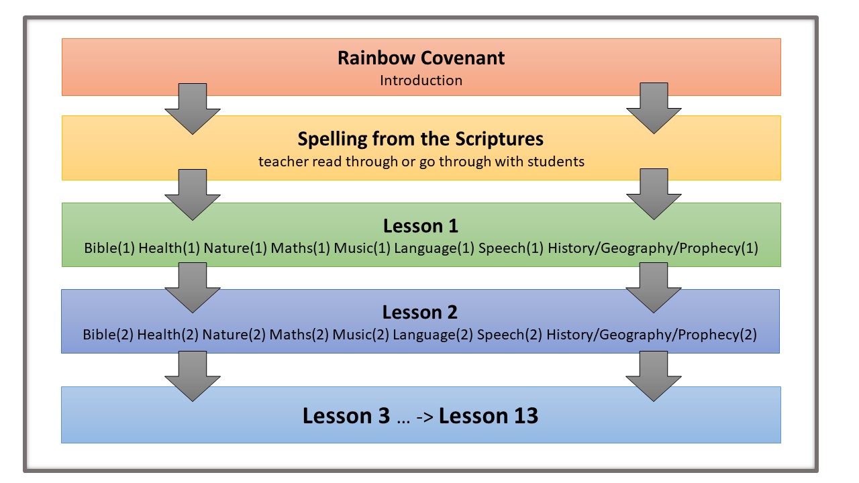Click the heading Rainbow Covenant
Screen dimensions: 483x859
click(421, 58)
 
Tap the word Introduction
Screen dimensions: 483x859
click(421, 80)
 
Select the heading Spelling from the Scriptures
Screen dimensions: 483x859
click(421, 139)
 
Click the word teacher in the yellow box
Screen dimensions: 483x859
click(280, 162)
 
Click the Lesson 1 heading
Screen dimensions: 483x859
click(421, 225)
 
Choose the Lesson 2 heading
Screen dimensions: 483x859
click(420, 312)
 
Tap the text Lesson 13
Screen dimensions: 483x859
click(489, 416)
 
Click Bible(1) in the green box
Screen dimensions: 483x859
click(109, 248)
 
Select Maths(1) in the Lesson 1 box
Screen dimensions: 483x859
click(300, 248)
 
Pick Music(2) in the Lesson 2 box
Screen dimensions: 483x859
click(361, 335)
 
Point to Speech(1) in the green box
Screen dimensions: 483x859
click(510, 248)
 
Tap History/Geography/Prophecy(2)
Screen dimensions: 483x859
click(652, 335)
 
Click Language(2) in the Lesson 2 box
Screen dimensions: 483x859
click(433, 335)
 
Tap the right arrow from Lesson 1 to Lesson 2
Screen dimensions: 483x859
click(654, 287)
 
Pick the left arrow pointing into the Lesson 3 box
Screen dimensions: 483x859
click(193, 376)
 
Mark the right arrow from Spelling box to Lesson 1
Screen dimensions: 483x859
click(654, 193)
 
